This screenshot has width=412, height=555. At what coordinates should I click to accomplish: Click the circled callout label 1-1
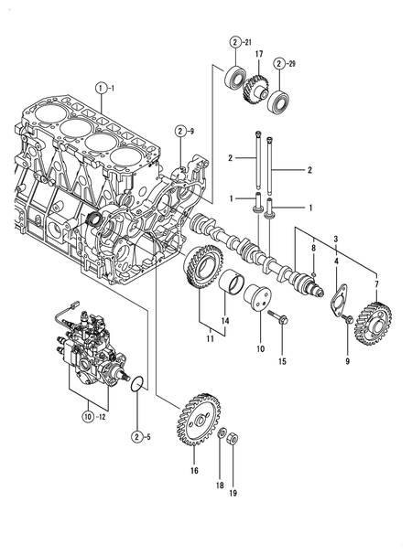click(x=103, y=88)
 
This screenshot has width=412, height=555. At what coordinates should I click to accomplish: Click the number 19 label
click(x=233, y=493)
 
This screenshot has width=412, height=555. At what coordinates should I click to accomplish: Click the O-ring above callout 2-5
click(x=135, y=381)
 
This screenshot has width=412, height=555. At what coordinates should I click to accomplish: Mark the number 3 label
click(x=335, y=239)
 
